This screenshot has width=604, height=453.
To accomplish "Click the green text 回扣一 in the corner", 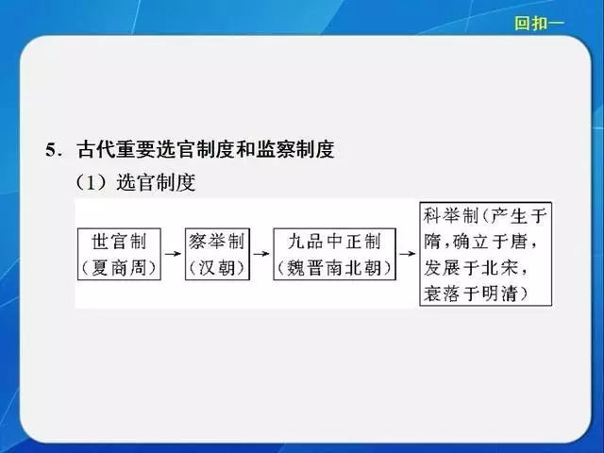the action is click(x=539, y=23).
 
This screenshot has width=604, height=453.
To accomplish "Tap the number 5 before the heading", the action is click(x=51, y=150).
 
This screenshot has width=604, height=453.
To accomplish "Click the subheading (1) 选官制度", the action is click(x=136, y=182).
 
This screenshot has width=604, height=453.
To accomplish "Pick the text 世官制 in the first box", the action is click(x=119, y=242).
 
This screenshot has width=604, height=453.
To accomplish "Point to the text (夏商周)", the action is click(x=119, y=268).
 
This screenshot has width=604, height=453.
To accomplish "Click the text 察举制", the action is click(x=217, y=242).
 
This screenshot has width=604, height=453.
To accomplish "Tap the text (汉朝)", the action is click(x=217, y=268).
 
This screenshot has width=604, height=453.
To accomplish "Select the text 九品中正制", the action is click(x=334, y=242).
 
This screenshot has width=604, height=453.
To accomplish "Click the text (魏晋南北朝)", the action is click(x=334, y=268).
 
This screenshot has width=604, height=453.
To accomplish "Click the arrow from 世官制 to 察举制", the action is click(x=173, y=254).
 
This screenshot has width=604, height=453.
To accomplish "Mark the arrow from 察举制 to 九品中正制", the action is click(x=261, y=254).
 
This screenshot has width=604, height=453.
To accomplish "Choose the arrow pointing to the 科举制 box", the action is click(x=408, y=254).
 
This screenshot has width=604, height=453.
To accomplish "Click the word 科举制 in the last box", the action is click(x=451, y=215).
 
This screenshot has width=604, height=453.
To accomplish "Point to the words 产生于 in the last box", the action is click(x=518, y=215).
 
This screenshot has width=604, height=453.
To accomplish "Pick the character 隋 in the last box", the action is click(x=431, y=242).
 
